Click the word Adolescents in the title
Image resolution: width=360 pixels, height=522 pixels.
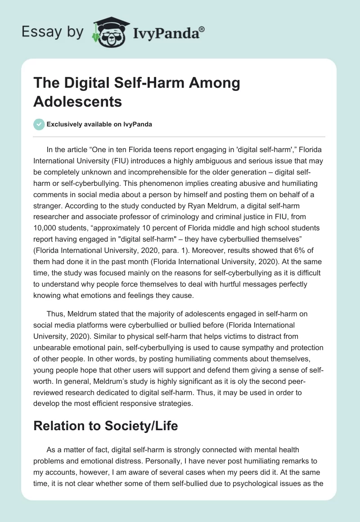pyautogui.click(x=77, y=102)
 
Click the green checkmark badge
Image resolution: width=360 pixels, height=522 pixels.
pyautogui.click(x=39, y=124)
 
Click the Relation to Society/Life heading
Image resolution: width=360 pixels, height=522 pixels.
pyautogui.click(x=105, y=426)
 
